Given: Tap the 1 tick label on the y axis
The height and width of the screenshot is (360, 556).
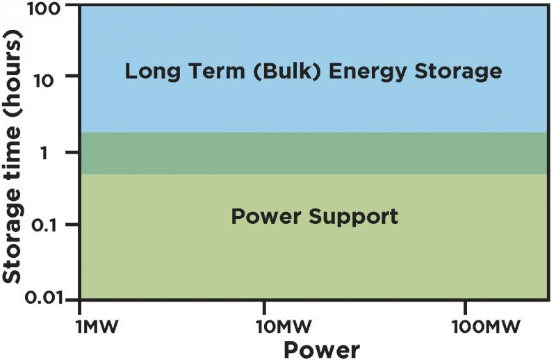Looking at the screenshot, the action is [44, 153].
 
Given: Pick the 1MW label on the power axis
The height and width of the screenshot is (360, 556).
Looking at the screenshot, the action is [97, 327].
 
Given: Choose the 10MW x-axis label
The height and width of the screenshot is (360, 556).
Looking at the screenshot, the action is [284, 327].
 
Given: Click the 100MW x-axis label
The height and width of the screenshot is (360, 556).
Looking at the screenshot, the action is [486, 327].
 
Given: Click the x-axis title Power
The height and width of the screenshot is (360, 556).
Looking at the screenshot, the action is [322, 350].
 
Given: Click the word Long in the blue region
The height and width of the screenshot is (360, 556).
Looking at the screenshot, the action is [147, 72].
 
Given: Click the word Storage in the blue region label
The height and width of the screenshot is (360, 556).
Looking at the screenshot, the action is [458, 72].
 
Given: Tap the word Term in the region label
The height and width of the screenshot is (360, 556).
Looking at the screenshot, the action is [211, 71].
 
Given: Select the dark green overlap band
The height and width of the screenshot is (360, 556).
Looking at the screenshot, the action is [315, 153].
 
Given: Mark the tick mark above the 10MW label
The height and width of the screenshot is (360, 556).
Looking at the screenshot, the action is [264, 307].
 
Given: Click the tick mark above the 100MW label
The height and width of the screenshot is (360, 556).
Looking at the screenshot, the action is [465, 307].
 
